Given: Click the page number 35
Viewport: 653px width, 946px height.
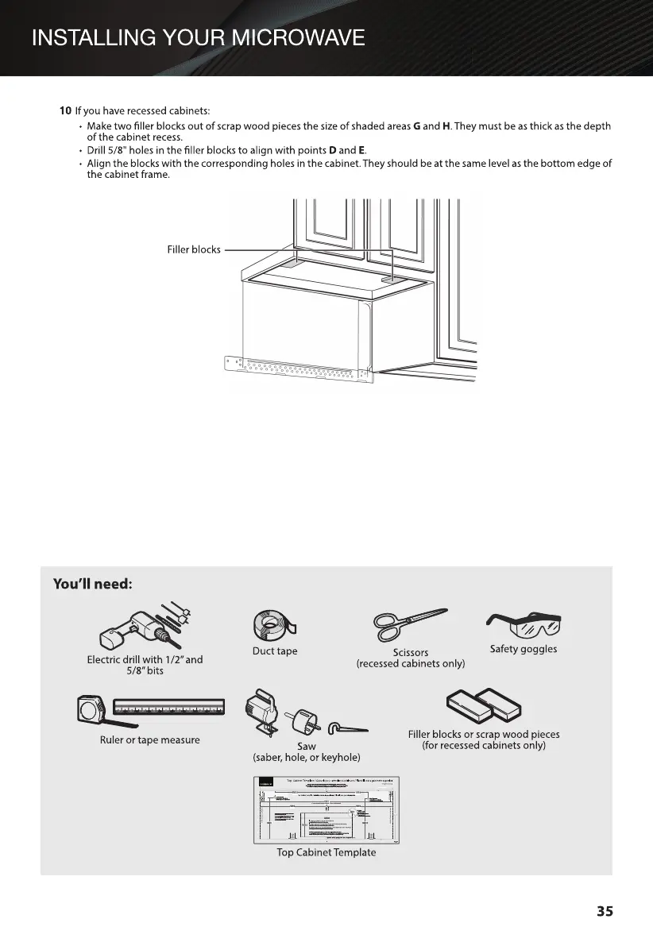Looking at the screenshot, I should click(605, 911).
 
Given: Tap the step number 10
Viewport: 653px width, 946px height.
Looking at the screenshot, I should click(65, 110).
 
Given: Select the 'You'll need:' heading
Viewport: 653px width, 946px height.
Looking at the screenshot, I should click(91, 585).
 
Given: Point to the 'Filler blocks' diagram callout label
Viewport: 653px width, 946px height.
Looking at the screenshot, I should click(194, 249).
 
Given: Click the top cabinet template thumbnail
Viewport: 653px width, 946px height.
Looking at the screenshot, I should click(326, 809).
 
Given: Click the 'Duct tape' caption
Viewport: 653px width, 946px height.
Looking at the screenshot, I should click(274, 651).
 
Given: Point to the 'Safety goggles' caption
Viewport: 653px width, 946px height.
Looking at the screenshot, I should click(524, 649).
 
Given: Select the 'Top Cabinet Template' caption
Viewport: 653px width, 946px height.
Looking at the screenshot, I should click(326, 852).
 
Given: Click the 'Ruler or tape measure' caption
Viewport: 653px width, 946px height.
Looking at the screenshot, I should click(149, 740).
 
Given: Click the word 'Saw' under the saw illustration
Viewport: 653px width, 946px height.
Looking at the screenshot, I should click(306, 747).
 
